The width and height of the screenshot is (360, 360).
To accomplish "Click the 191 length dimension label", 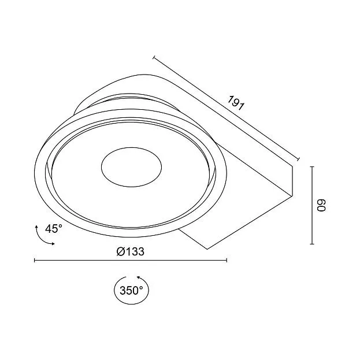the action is [x=236, y=103].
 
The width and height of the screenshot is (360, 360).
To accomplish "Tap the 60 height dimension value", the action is [x=321, y=205].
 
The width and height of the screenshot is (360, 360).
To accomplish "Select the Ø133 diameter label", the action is [x=131, y=251].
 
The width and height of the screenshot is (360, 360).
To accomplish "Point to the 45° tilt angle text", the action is [x=54, y=228].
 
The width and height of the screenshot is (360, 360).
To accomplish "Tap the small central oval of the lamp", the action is [x=131, y=167].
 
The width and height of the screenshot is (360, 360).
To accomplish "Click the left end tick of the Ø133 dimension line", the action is [x=35, y=260].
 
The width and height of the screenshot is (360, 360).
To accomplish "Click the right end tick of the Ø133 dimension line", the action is [x=227, y=260].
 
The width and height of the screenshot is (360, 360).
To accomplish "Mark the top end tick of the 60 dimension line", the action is [x=312, y=166].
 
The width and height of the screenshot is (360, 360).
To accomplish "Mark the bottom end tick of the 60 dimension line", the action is [x=312, y=244].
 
